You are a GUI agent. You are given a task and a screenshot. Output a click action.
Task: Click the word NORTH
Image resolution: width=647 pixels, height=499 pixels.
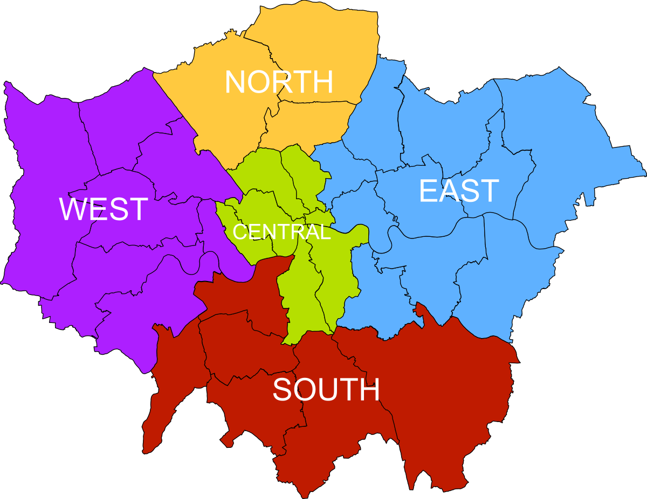click(279, 82)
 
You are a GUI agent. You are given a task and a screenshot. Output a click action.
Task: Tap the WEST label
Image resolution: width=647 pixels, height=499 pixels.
click(104, 209)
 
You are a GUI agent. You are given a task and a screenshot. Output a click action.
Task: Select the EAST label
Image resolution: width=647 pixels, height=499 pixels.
click(459, 191)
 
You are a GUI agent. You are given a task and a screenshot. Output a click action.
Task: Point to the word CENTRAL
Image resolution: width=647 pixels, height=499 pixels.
click(281, 232)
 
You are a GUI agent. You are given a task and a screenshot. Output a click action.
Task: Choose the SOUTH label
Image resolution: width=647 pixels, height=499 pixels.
click(326, 390)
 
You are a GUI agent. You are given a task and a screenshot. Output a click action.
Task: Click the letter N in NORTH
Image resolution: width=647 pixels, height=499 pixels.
click(235, 82)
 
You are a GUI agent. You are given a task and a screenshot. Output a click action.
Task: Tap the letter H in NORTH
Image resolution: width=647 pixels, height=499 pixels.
click(323, 82)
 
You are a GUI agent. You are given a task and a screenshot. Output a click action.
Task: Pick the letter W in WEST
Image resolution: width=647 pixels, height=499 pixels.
click(72, 209)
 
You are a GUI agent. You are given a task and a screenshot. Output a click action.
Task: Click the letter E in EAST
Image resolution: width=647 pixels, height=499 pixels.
click(427, 191)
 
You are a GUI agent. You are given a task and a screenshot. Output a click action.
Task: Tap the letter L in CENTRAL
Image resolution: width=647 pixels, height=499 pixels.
click(325, 232)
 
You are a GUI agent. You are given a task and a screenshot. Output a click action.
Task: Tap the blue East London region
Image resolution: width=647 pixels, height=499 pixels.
click(539, 135)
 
